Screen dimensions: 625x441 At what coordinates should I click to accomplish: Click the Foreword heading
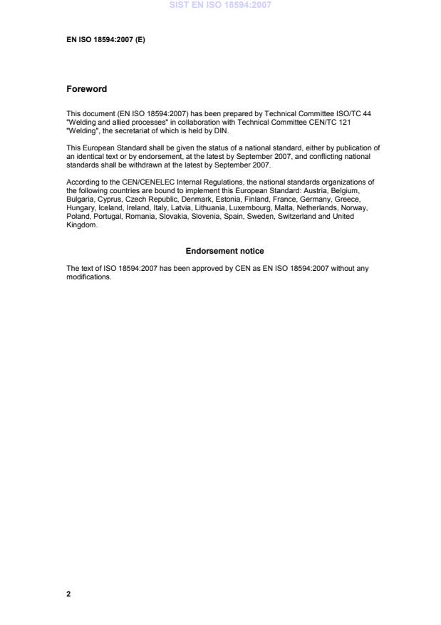click(86, 89)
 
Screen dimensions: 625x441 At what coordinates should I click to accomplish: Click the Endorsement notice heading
click(224, 251)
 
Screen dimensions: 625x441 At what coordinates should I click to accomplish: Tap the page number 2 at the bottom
click(68, 593)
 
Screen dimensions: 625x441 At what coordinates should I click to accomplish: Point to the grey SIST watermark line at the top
click(220, 5)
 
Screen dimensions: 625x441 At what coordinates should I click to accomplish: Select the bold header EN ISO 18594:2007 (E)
click(105, 40)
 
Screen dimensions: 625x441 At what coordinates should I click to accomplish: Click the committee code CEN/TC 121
click(329, 122)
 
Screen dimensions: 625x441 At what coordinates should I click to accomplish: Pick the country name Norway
click(354, 207)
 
